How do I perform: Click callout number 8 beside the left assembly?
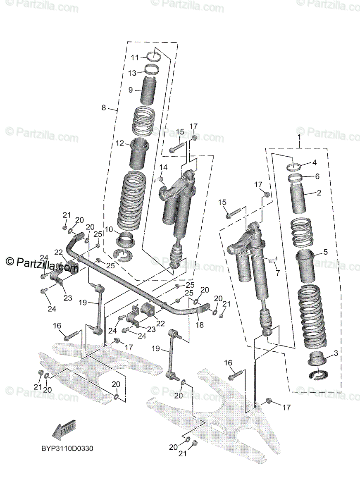click(x=104, y=108)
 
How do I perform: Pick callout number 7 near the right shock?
click(x=277, y=272)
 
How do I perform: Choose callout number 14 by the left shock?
click(x=164, y=167)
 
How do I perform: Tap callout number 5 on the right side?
click(x=325, y=251)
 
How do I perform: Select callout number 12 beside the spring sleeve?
click(x=120, y=143)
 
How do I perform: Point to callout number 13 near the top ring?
click(x=132, y=73)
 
